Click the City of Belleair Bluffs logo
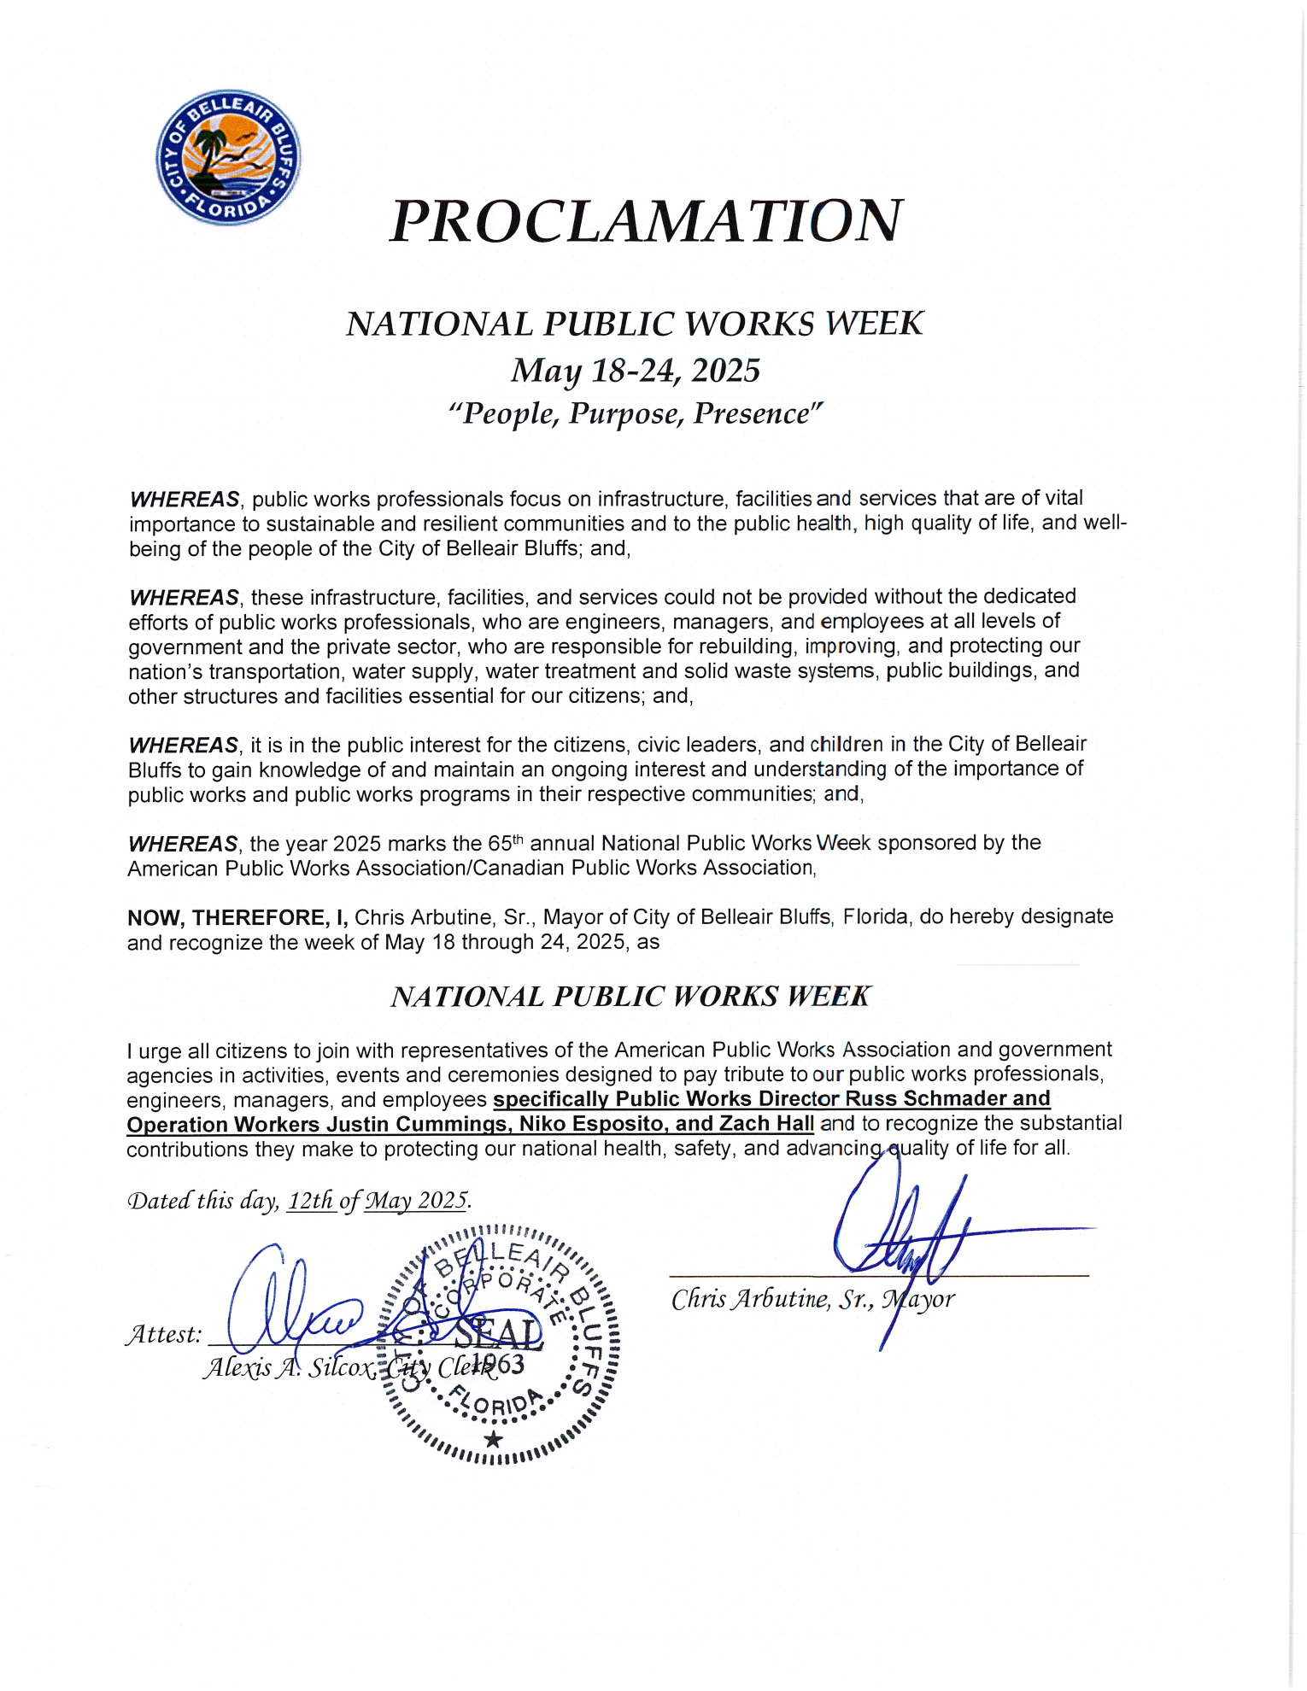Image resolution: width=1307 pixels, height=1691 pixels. pos(228,157)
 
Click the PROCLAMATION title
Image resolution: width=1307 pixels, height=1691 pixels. pos(646,221)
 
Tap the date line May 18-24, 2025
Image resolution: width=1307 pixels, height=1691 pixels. pos(636,371)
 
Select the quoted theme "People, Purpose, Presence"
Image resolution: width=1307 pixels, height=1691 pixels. pos(636,414)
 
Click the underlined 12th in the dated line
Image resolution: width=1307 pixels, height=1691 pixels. pos(310,1201)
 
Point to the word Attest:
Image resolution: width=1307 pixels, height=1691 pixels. pos(164,1334)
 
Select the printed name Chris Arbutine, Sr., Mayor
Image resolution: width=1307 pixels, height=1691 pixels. pos(812,1300)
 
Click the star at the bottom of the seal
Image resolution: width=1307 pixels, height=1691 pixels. pos(493,1440)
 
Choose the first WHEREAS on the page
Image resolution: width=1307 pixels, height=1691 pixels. pos(184,500)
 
